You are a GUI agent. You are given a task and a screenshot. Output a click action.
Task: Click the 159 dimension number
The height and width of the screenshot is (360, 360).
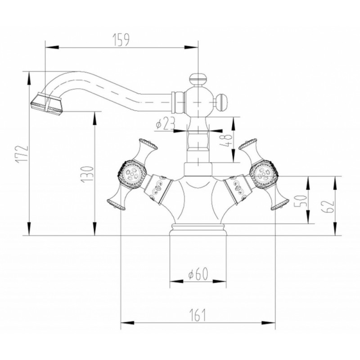[x=121, y=40]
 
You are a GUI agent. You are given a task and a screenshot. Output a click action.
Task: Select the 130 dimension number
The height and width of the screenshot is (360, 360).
[x=87, y=174]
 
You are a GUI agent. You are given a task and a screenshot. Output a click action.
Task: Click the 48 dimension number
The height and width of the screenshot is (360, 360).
[x=226, y=140]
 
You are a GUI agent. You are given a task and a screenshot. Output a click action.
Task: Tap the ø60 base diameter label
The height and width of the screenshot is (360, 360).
[x=198, y=274]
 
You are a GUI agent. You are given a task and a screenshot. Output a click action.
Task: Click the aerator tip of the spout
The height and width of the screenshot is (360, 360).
[x=46, y=103]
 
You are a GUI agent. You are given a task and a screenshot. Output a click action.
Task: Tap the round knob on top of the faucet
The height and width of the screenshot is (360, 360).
[x=198, y=78]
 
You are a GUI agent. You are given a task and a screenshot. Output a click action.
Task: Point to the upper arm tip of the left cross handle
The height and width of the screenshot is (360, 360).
[x=148, y=144]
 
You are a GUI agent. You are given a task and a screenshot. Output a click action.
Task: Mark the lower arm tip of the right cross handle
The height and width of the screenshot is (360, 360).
[x=280, y=205]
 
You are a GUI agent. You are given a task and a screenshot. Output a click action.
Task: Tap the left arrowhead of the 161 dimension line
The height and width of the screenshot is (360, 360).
[x=127, y=323]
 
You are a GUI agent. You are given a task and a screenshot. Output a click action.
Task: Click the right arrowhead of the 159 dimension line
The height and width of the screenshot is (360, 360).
[x=191, y=47]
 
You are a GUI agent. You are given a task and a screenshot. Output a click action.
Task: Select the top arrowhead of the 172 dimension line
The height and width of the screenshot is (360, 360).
[x=29, y=78]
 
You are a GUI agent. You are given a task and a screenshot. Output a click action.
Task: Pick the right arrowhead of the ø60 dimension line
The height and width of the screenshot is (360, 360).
[x=220, y=281]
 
